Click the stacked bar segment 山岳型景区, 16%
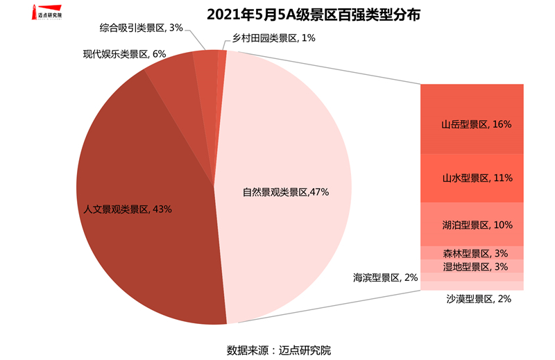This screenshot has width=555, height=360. coord(472,119)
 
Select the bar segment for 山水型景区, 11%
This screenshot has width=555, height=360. coord(472,178)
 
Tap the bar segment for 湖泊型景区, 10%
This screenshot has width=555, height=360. coord(472,225)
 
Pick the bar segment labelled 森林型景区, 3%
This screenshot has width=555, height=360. coord(472,253)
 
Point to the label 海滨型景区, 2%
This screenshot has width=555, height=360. coord(385,277)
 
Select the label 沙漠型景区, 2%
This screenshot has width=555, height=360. coord(479,299)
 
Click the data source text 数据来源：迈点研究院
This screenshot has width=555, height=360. coord(278,349)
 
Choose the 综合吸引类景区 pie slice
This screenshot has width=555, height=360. coord(206,66)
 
